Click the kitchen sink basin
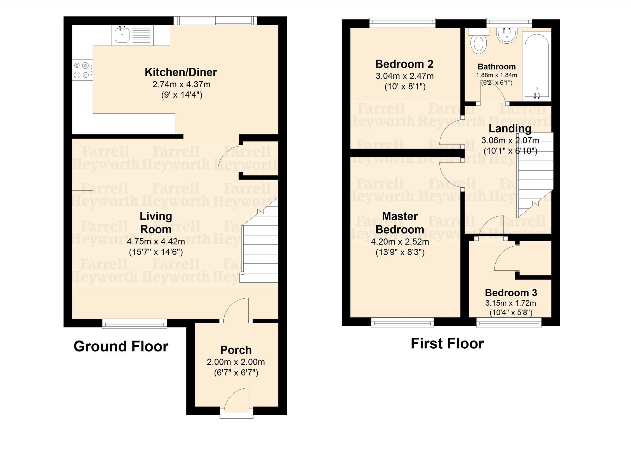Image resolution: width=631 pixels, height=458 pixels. coord(122,35)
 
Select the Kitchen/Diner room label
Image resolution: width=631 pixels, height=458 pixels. coord(181,72)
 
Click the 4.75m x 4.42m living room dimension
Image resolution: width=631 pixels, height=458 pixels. coord(156,241)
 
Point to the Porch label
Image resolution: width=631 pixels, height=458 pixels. coord(236,350)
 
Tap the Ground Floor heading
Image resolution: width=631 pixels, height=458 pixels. coord(121,346)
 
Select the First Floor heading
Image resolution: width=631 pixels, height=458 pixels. coord(447,343)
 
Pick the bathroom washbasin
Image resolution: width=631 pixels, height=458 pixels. coord(507,36)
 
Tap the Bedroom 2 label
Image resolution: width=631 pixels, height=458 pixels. coord(404,64)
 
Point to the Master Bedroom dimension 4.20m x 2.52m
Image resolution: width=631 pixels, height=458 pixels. coord(400,242)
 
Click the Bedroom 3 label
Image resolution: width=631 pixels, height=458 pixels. coord(511,293)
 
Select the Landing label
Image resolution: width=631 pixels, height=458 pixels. coord(510,129)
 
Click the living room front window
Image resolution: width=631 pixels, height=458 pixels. coord(135,324)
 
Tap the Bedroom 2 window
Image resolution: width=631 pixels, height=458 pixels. coord(402,23)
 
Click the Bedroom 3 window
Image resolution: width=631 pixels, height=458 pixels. coord(509,322)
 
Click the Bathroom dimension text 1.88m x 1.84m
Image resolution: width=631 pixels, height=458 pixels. coord(496,75)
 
